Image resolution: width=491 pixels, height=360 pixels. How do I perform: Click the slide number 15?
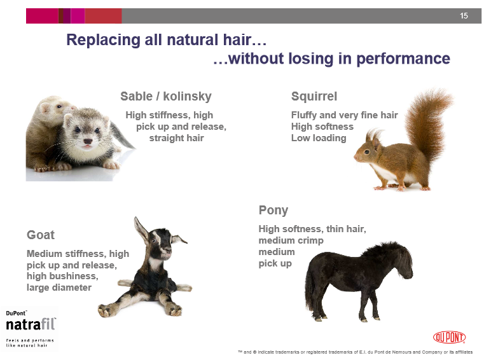(464, 16)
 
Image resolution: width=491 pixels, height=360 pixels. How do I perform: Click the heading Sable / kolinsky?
(166, 97)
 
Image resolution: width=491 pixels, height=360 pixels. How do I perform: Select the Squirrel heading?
(314, 97)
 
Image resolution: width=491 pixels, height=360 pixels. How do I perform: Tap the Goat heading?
(41, 235)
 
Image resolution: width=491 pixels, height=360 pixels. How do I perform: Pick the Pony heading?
(273, 211)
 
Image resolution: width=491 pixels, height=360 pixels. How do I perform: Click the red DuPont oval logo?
(450, 338)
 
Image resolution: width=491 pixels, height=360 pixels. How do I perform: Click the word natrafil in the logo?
(31, 324)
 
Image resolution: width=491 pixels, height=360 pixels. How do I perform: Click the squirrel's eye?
(367, 152)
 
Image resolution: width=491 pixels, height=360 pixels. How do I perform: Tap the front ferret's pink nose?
(88, 141)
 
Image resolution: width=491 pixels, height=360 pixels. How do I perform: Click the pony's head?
(403, 261)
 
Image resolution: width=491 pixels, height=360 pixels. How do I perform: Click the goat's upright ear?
(141, 229)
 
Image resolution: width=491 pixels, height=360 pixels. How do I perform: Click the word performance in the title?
(403, 59)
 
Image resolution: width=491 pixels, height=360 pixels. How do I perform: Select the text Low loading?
(319, 138)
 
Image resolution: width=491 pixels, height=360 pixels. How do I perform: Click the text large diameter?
(59, 287)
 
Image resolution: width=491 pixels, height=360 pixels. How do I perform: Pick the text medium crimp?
(291, 240)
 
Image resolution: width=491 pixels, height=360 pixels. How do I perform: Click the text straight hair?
(177, 138)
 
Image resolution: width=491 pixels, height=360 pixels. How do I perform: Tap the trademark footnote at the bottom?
(355, 352)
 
